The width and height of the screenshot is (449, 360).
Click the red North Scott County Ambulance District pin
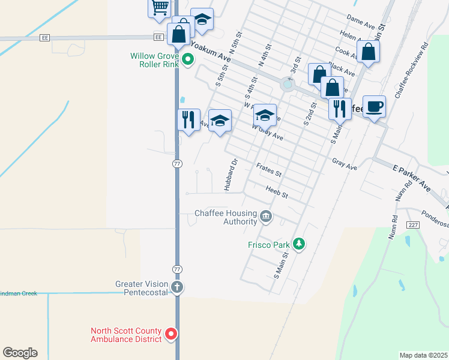click(171, 334)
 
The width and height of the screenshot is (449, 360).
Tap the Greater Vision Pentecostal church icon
click(176, 287)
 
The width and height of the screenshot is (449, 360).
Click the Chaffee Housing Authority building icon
click(266, 216)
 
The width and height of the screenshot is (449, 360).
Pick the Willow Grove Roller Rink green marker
click(188, 59)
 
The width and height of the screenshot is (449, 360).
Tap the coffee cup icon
click(374, 107)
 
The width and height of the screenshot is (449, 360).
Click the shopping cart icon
click(160, 7)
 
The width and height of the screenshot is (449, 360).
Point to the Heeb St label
click(277, 192)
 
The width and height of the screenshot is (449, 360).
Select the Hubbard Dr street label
click(231, 175)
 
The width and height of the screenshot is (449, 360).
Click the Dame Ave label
click(361, 22)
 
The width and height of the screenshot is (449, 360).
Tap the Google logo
click(20, 353)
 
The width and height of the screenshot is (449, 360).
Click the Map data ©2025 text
click(423, 355)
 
